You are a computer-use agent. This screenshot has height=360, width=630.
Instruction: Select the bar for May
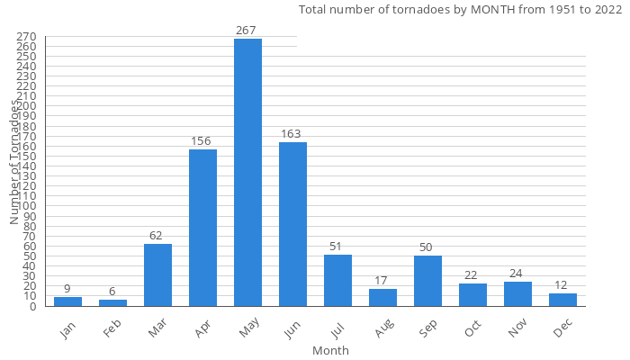247,172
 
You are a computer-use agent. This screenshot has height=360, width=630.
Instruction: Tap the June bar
292,224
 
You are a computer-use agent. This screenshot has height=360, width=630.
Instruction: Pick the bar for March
157,274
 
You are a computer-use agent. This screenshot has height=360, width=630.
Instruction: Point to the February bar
112,302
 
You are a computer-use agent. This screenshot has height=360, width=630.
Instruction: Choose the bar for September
427,281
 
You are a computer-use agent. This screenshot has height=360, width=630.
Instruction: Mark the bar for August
382,297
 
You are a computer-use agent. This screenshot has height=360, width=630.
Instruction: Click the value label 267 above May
247,30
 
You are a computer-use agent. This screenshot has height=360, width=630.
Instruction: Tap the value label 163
291,134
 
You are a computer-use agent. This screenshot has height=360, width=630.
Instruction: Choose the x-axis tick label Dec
563,330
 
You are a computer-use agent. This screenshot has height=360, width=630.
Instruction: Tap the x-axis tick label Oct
473,330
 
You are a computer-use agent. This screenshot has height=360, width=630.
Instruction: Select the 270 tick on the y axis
26,36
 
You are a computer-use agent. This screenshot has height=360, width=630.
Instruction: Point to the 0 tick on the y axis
32,306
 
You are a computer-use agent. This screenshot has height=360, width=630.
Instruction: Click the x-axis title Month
330,350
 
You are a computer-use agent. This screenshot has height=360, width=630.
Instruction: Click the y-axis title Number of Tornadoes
14,162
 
